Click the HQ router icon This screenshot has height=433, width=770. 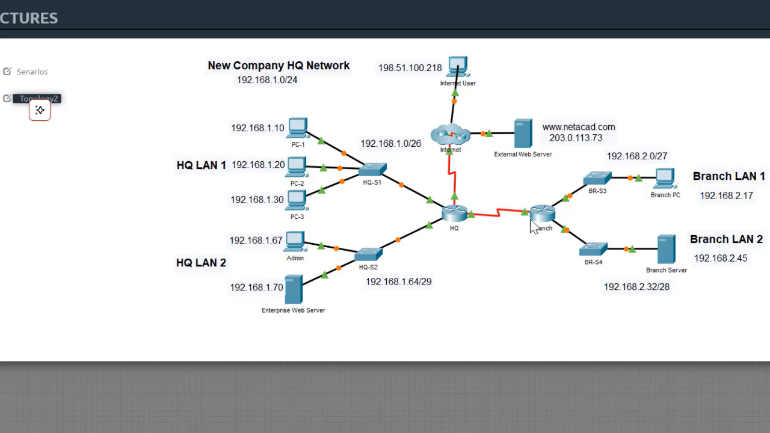(x=454, y=213)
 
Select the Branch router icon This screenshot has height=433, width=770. (x=542, y=212)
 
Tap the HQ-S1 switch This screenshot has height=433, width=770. (x=372, y=170)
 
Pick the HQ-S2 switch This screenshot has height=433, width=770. (x=368, y=254)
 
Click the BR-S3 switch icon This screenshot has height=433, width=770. (x=597, y=178)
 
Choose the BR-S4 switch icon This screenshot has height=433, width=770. (x=593, y=249)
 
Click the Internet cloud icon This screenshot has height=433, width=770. (x=450, y=135)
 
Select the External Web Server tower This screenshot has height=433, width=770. (x=523, y=134)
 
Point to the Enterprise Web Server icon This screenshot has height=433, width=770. (x=294, y=289)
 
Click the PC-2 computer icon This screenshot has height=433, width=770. (x=297, y=167)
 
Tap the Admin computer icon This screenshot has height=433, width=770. (x=295, y=242)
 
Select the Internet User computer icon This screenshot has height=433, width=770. (x=458, y=67)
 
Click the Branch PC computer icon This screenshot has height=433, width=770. (x=665, y=179)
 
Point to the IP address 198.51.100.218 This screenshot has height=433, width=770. (x=410, y=68)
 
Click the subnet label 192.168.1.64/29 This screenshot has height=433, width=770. (x=398, y=281)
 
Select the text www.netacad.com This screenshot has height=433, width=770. (x=578, y=127)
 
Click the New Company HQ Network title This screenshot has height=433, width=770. (x=279, y=66)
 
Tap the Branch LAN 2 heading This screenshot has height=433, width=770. (x=726, y=239)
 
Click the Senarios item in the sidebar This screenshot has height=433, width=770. (x=32, y=72)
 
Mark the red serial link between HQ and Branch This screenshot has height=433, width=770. (x=498, y=212)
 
